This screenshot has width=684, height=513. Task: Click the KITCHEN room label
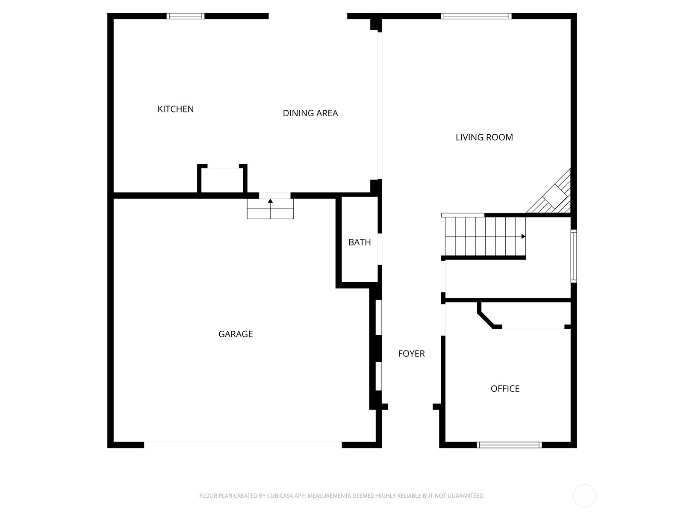[175, 109]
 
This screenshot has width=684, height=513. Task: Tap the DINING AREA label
[310, 113]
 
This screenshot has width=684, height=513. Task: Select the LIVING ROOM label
[484, 137]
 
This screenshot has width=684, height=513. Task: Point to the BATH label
[360, 242]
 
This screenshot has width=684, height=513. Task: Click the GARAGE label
[236, 334]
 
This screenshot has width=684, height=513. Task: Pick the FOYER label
[411, 354]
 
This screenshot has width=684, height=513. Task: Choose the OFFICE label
[505, 389]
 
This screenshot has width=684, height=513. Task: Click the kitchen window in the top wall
[186, 16]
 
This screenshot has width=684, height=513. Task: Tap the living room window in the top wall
[476, 16]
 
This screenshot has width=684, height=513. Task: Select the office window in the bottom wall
[509, 445]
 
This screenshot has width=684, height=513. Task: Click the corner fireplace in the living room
[554, 196]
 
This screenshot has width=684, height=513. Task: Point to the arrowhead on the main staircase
[523, 236]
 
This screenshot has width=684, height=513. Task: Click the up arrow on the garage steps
[270, 201]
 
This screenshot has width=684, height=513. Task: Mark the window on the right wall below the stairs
[574, 256]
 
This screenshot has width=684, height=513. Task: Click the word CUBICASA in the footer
[280, 496]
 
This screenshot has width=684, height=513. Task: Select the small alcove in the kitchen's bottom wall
[222, 180]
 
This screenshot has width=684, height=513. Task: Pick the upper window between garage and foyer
[378, 317]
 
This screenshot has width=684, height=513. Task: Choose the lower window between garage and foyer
[378, 376]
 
